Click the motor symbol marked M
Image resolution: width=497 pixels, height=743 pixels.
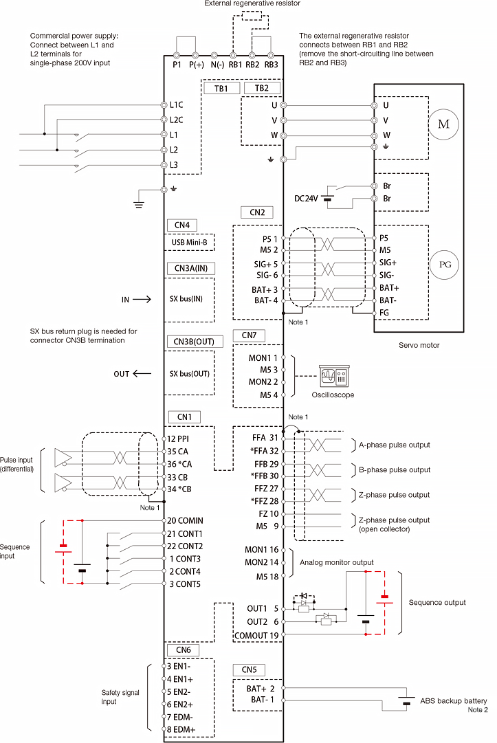coord(443,124)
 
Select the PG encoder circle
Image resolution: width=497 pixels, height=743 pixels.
coord(443,264)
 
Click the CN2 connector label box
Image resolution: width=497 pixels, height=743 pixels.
coord(257,212)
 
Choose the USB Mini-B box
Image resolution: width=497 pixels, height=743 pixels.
coord(189,242)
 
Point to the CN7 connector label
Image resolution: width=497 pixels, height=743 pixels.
coord(249,335)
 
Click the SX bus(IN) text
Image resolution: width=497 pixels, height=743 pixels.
coord(190,300)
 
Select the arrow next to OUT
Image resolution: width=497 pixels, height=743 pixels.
coord(142,374)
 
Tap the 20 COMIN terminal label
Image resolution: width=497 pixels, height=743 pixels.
coord(185,521)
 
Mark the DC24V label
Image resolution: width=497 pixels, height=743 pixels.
coord(306,199)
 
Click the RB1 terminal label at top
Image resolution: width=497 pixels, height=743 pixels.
coord(235,65)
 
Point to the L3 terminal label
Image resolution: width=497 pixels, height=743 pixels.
coord(174,165)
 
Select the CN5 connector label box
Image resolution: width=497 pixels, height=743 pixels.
coord(249,669)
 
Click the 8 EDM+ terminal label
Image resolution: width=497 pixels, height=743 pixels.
coord(182,729)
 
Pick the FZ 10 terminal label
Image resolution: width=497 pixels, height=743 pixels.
coord(265,513)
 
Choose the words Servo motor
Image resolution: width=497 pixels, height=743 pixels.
coord(419,345)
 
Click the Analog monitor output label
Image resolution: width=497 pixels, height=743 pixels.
coord(337,562)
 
